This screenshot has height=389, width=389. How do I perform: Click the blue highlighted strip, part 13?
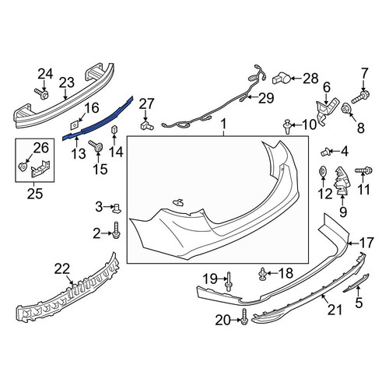pyautogui.click(x=99, y=119)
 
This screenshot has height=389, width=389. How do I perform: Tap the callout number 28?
pyautogui.click(x=310, y=78)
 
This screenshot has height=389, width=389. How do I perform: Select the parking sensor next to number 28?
pyautogui.click(x=282, y=78)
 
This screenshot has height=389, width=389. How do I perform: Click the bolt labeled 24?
pyautogui.click(x=41, y=93)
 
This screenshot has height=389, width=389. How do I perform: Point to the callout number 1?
pyautogui.click(x=223, y=124)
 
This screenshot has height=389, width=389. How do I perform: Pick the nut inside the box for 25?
pyautogui.click(x=23, y=166)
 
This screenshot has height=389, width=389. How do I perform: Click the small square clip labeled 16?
pyautogui.click(x=75, y=124)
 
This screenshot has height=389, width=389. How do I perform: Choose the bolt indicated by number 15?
pyautogui.click(x=96, y=146)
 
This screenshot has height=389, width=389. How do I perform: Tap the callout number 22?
pyautogui.click(x=62, y=269)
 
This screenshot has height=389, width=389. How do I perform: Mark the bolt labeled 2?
pyautogui.click(x=116, y=230)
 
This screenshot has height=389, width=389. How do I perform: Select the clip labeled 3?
pyautogui.click(x=117, y=208)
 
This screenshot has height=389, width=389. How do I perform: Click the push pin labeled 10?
pyautogui.click(x=287, y=127)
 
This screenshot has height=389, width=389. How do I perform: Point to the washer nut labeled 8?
pyautogui.click(x=345, y=108)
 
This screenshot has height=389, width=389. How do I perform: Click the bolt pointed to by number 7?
pyautogui.click(x=360, y=96)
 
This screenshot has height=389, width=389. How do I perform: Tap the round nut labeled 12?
pyautogui.click(x=322, y=171)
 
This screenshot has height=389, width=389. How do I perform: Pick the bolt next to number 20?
pyautogui.click(x=244, y=317)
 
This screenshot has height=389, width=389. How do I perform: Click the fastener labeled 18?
pyautogui.click(x=263, y=274)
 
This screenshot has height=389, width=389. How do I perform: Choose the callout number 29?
pyautogui.click(x=266, y=98)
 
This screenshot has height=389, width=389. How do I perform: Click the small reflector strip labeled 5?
pyautogui.click(x=356, y=283)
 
